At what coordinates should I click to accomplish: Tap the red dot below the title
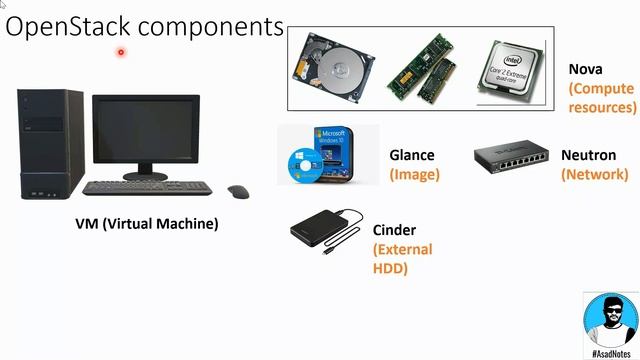121,52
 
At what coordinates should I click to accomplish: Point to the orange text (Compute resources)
602,97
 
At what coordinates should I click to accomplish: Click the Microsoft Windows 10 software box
329,155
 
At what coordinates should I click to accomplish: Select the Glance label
412,155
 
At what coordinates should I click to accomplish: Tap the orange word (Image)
414,174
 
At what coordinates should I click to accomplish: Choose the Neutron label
588,155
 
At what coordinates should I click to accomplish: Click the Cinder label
394,230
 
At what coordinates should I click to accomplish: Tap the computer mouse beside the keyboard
238,191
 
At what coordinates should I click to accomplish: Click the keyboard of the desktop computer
148,188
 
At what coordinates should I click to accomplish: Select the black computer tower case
50,146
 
